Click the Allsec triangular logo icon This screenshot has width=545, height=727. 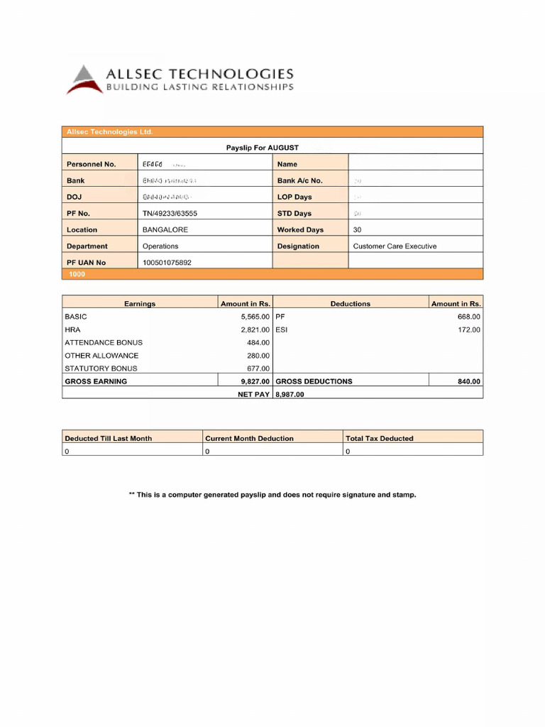[84, 79]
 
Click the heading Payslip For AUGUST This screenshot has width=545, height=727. [263, 148]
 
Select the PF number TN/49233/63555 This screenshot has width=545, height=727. [170, 213]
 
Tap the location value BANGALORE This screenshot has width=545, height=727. [165, 230]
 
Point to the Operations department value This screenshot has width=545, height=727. [160, 246]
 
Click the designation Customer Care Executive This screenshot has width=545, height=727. [395, 246]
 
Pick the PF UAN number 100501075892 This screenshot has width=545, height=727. [167, 263]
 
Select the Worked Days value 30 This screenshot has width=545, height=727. [358, 230]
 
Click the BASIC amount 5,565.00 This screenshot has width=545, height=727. [255, 317]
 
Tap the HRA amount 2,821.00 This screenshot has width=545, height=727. [255, 330]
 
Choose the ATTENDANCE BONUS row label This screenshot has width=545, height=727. [104, 343]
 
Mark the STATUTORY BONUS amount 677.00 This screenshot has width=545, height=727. [258, 368]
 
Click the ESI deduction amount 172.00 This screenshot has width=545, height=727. [468, 330]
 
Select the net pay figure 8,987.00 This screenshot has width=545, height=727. [290, 394]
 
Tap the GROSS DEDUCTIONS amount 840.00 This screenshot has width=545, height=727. [468, 381]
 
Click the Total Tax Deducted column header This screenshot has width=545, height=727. [379, 439]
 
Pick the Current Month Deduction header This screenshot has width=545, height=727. [249, 439]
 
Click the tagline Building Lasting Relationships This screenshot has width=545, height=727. [199, 87]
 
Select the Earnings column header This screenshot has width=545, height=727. [140, 304]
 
